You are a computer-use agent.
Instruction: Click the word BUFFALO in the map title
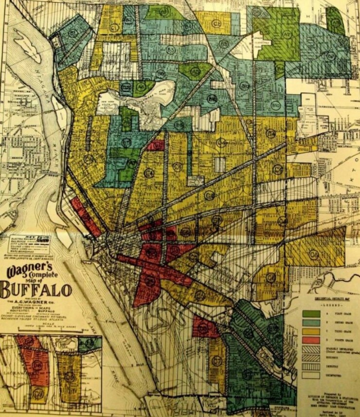[x=36, y=289]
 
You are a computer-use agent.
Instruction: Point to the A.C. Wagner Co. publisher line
[x=36, y=302]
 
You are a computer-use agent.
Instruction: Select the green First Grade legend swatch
[x=311, y=314]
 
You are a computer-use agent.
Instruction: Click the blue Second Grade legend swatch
[x=311, y=322]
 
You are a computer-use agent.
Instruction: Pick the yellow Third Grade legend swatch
[x=311, y=331]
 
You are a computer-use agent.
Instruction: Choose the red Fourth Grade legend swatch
[x=311, y=340]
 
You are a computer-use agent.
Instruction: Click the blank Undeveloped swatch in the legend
[x=311, y=375]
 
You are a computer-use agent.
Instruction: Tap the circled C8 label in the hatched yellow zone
[x=314, y=254]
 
